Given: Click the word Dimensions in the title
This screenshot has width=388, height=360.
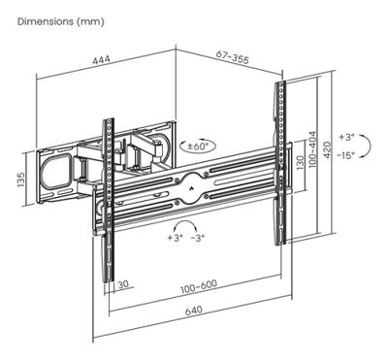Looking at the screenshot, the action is point(46,21).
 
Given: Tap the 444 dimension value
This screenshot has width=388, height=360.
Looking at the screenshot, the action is point(102,60).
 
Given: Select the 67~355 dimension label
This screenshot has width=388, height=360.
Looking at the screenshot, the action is point(233,58).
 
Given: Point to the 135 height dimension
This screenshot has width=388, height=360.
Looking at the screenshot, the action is point(20,180).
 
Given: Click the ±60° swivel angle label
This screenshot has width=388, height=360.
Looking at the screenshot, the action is point(198,146).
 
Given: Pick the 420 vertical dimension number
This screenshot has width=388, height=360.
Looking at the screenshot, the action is point(327,149).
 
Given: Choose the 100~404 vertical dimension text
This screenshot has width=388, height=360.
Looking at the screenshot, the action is point(312,148).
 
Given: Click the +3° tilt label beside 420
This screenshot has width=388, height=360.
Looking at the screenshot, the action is point(347,137).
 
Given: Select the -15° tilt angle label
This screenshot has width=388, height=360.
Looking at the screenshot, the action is point(346,155).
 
